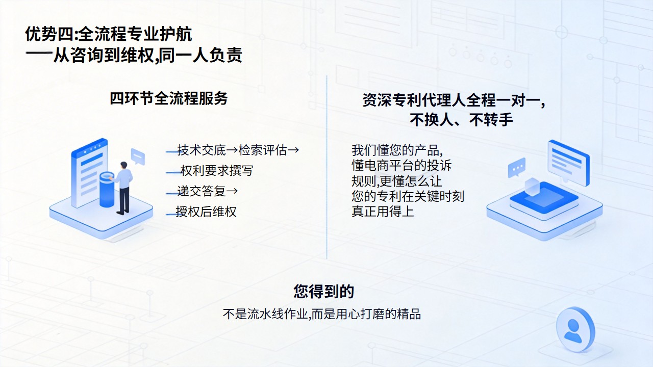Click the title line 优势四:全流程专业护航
click(x=109, y=34)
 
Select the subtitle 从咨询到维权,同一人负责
click(x=148, y=55)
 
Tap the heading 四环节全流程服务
click(x=168, y=98)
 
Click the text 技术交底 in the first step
click(x=202, y=150)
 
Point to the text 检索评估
click(x=263, y=150)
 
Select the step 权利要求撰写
click(x=217, y=171)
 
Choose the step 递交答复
click(x=202, y=191)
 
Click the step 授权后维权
click(x=206, y=212)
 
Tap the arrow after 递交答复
click(x=232, y=191)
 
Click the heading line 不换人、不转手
click(x=461, y=120)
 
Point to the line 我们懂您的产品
click(x=397, y=150)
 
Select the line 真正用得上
click(x=383, y=211)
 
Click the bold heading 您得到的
click(x=323, y=291)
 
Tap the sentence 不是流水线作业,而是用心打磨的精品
click(x=322, y=314)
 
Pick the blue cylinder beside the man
click(x=107, y=189)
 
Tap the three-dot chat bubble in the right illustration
click(x=517, y=168)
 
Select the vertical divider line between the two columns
click(x=326, y=167)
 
